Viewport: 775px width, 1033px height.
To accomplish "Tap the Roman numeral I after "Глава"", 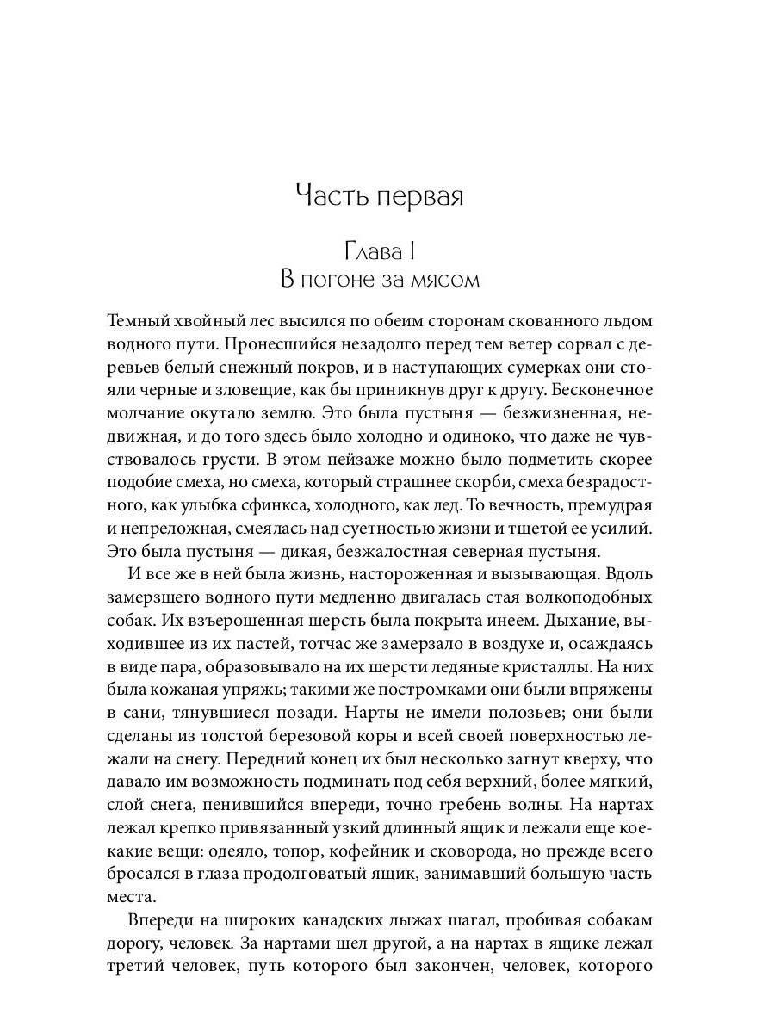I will point(414,251).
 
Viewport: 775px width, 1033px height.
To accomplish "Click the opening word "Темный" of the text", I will point(137,320).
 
